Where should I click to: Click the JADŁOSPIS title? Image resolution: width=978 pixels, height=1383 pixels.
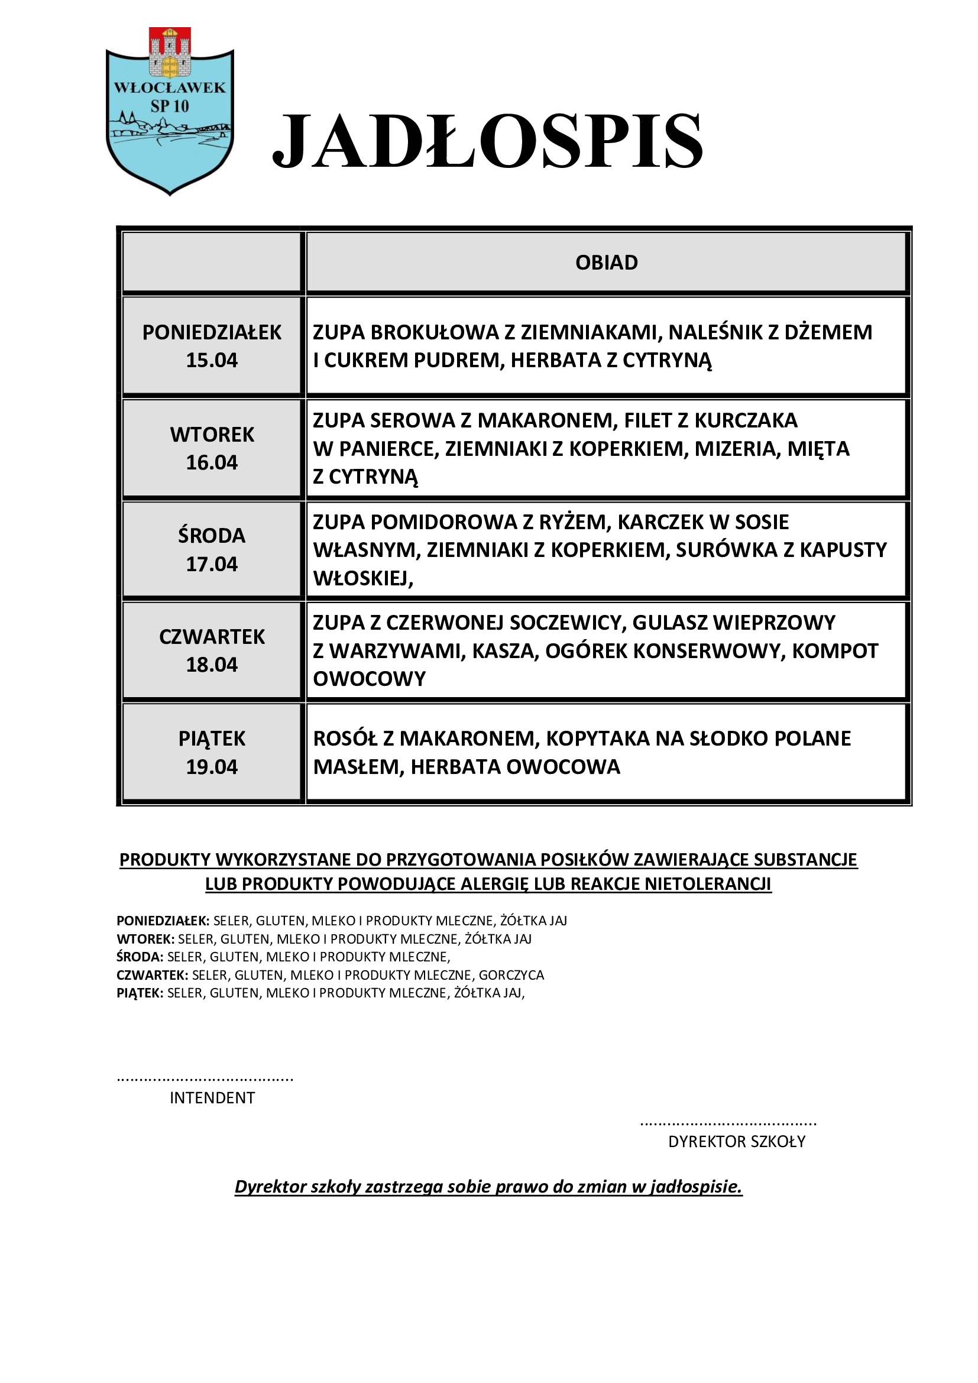[x=488, y=141]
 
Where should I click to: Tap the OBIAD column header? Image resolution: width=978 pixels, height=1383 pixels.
[x=607, y=263]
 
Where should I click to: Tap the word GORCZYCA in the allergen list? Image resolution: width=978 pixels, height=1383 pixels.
[x=511, y=974]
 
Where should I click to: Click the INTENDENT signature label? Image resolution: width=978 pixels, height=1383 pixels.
[x=212, y=1098]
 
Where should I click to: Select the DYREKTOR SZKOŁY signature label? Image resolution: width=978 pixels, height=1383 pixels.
[x=737, y=1141]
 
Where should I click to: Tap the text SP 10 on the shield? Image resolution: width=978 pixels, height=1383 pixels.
[x=169, y=106]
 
